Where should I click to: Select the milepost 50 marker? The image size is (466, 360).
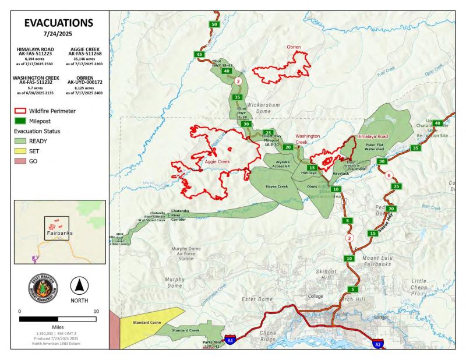click(x=214, y=24)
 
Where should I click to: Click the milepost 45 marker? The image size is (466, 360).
click(x=200, y=54)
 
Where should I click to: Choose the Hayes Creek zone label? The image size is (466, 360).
click(x=277, y=186)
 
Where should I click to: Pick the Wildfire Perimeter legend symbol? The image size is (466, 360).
click(x=21, y=111)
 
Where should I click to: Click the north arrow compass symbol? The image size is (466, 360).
click(x=79, y=286)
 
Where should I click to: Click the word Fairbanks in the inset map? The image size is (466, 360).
click(x=58, y=234)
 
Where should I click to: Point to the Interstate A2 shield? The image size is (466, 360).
click(x=377, y=344)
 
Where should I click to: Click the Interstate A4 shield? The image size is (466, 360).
click(x=231, y=340)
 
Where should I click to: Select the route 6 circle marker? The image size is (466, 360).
click(x=389, y=175)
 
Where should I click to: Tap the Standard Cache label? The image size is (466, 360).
click(x=146, y=322)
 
